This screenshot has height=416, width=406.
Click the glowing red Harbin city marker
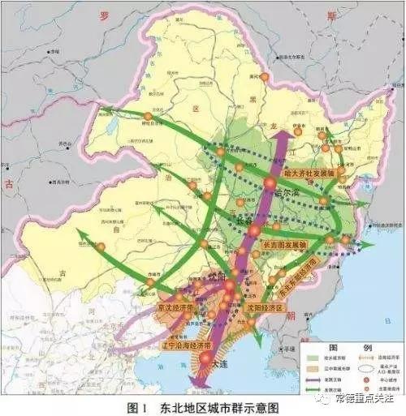coord(270,184)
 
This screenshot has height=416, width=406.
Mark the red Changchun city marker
coord(254,231)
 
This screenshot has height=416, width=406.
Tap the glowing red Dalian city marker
coord(205,358)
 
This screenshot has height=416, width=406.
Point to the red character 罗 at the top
coord(102,15)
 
